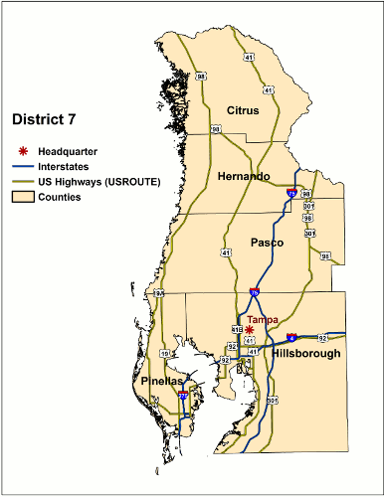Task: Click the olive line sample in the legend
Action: tap(21, 182)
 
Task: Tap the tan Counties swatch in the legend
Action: tap(21, 198)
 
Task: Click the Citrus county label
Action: tap(243, 109)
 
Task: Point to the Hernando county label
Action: tap(243, 176)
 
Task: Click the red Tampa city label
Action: tap(263, 319)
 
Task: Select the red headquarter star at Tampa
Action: tap(250, 329)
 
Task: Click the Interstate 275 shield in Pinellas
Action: tap(183, 395)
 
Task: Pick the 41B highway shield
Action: tap(236, 330)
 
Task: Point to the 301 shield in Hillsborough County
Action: tap(272, 400)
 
